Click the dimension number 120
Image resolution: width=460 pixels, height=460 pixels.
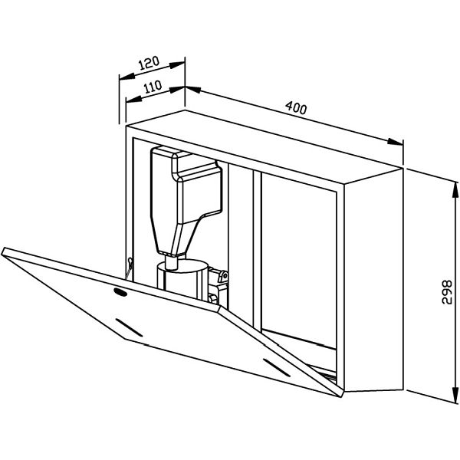pyautogui.click(x=149, y=63)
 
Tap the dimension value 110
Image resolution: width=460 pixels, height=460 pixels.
pyautogui.click(x=153, y=87)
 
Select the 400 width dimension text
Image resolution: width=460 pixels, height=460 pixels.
pyautogui.click(x=296, y=107)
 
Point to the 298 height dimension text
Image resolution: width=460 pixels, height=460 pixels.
pyautogui.click(x=447, y=292)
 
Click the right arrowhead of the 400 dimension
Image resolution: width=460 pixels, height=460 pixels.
pyautogui.click(x=395, y=142)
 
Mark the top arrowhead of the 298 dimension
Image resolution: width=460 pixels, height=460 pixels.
pyautogui.click(x=455, y=190)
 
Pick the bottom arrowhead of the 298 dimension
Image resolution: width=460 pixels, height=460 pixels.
pyautogui.click(x=455, y=396)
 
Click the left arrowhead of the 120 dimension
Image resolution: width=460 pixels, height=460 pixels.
pyautogui.click(x=127, y=76)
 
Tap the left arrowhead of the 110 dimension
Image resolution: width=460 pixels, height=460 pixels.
pyautogui.click(x=133, y=99)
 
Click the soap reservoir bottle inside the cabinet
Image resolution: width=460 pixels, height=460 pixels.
pyautogui.click(x=185, y=199)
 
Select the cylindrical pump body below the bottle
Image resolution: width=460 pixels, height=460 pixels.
pyautogui.click(x=182, y=279)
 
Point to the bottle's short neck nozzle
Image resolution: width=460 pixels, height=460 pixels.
pyautogui.click(x=171, y=262)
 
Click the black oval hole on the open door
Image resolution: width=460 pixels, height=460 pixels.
pyautogui.click(x=120, y=292)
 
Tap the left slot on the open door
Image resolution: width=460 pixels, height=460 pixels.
pyautogui.click(x=129, y=327)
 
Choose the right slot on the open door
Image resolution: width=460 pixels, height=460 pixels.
pyautogui.click(x=277, y=368)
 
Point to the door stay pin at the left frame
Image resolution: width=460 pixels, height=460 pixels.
pyautogui.click(x=129, y=267)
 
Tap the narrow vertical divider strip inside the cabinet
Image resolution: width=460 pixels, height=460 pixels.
pyautogui.click(x=257, y=249)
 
